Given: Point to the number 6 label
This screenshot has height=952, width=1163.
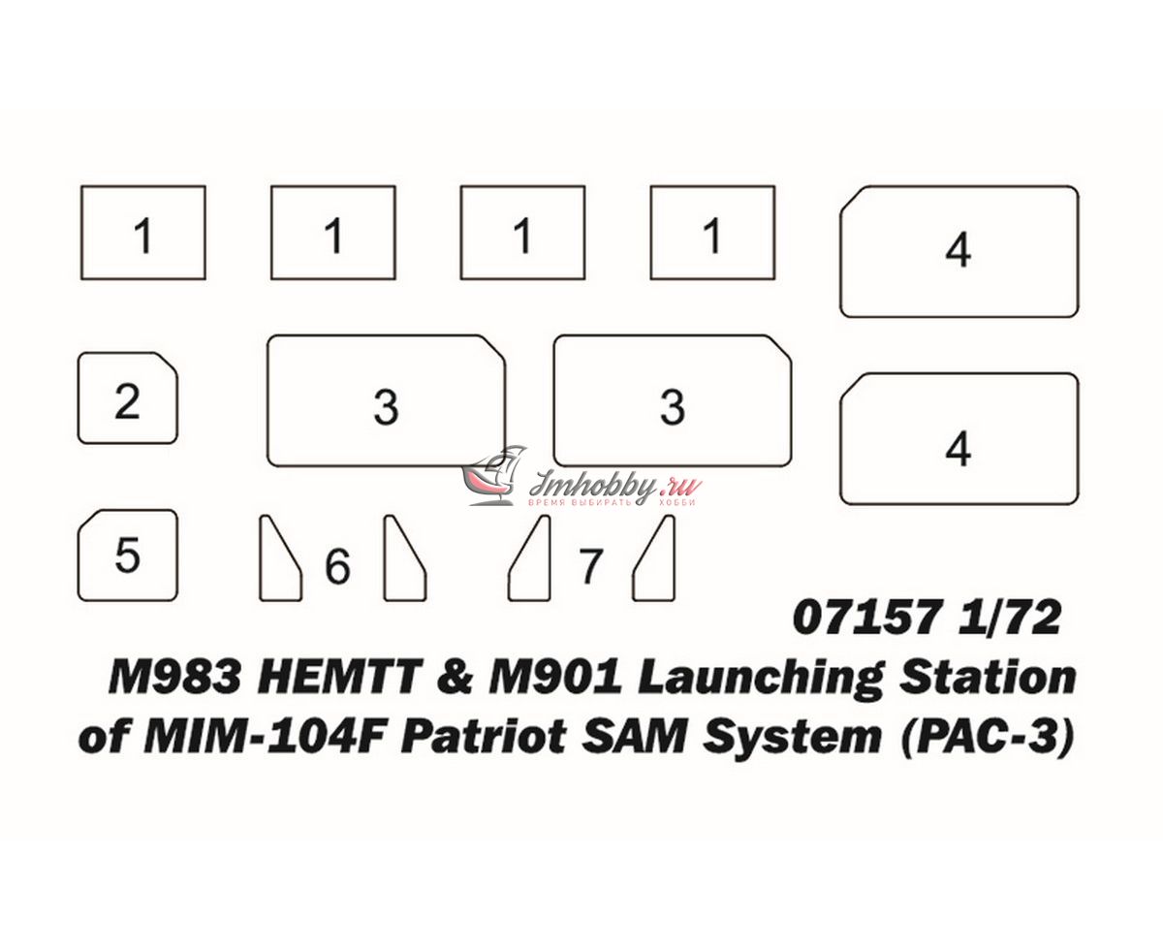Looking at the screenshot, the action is coord(337,566).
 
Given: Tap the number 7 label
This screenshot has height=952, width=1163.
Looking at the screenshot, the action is coord(590,566).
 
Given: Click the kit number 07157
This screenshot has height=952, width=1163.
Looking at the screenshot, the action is coord(866,618).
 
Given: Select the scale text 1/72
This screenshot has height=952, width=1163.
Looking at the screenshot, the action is coord(1009,618).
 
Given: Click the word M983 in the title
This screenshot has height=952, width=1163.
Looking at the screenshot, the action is coord(174,678).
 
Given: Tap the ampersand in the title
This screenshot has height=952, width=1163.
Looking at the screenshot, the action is coord(455,678).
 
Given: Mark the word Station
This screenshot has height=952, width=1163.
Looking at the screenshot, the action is coord(988,678).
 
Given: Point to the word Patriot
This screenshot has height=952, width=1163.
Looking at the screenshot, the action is coord(485,737).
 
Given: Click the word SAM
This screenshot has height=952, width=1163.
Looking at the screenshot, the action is coord(634,737).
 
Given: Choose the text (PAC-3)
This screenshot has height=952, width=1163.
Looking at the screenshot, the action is coord(987,738).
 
